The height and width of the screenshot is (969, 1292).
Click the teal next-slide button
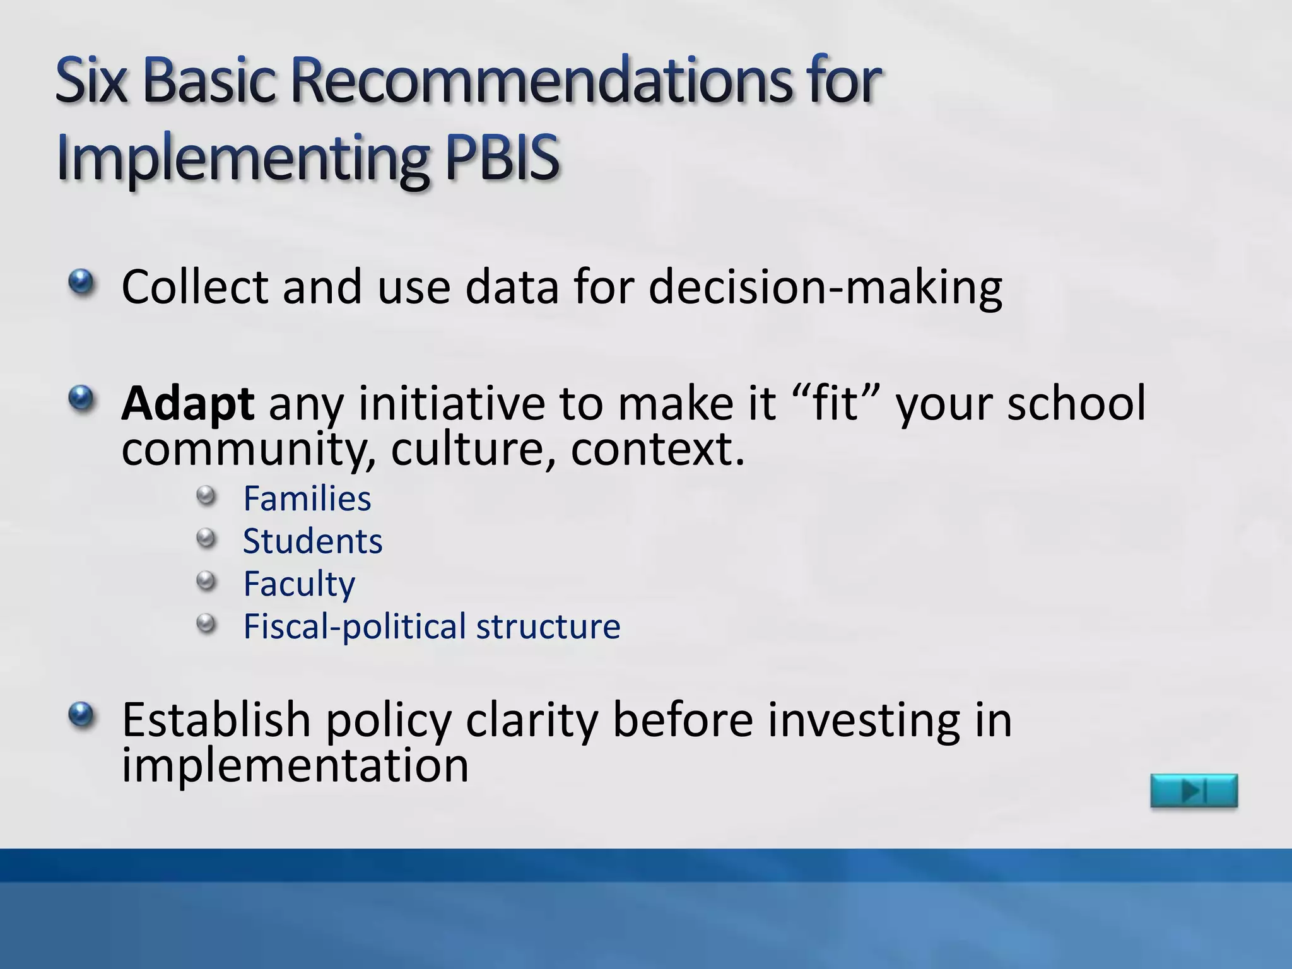(x=1194, y=790)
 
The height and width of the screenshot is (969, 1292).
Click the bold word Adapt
(x=188, y=404)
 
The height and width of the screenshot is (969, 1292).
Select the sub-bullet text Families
(x=307, y=499)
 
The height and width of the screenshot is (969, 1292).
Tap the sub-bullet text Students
(x=313, y=541)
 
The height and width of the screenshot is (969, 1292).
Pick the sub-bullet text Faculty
(x=299, y=584)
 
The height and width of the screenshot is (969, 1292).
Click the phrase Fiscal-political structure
(x=432, y=626)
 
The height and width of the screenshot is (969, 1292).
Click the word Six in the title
(x=91, y=81)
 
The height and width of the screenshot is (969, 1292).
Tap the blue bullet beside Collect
(x=81, y=281)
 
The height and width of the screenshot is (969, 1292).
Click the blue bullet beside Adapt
(x=81, y=398)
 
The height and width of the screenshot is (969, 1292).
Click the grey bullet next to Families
(x=206, y=496)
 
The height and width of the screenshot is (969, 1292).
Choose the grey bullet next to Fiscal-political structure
(x=206, y=625)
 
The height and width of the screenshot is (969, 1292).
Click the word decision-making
(x=825, y=288)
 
